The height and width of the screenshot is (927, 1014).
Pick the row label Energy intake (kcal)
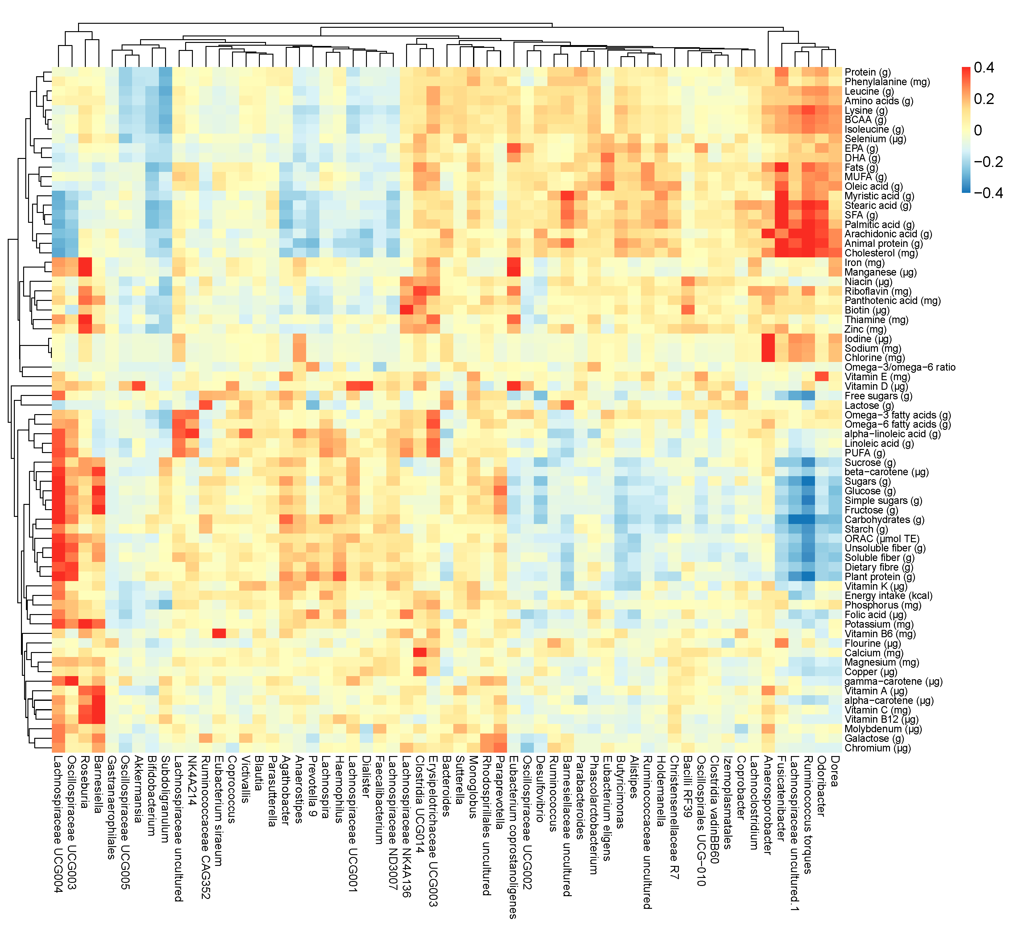(889, 596)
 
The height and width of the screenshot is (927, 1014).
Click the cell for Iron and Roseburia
(85, 263)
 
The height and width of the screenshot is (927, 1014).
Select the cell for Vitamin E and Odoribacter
(822, 377)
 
